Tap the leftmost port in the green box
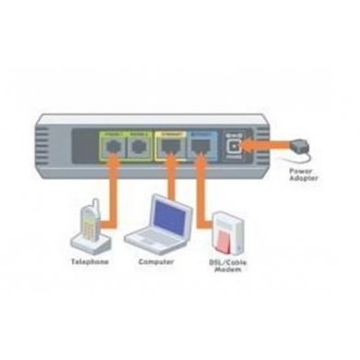113,148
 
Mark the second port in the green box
139,148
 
